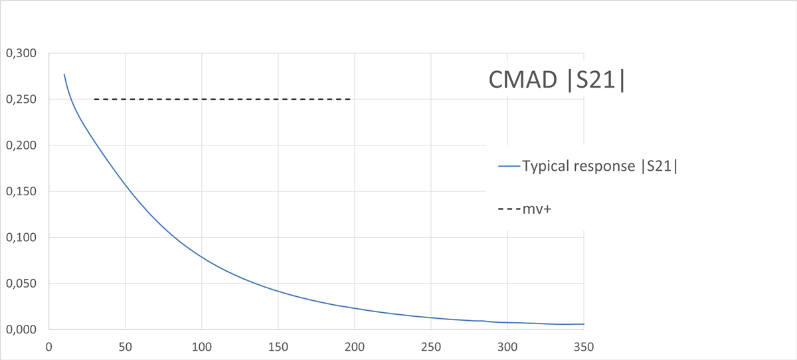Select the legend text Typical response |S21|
(600, 167)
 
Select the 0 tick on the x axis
(48, 346)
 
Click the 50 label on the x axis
(125, 346)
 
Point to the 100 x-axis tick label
(201, 346)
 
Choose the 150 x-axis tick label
(278, 346)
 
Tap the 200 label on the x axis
(354, 346)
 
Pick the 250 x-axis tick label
(430, 346)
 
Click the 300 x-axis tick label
(507, 346)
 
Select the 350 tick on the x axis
(583, 346)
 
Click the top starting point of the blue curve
(64, 74)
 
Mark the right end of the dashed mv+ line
(349, 100)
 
